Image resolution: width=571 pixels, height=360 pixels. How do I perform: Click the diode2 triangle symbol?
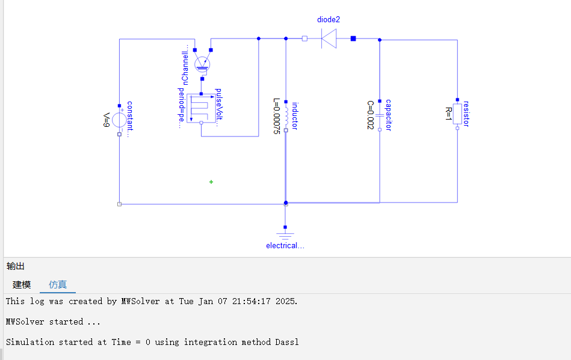tap(329, 38)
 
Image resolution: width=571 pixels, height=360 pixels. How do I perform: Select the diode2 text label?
tap(329, 20)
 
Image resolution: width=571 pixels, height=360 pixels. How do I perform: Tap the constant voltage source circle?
tap(120, 120)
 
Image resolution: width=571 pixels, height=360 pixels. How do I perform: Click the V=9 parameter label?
tap(106, 120)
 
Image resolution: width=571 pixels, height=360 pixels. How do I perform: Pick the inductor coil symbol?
tap(286, 116)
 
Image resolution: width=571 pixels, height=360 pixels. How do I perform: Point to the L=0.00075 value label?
tap(277, 116)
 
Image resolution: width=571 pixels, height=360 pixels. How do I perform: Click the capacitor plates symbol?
tap(380, 115)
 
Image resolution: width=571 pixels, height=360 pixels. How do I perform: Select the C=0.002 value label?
tap(371, 115)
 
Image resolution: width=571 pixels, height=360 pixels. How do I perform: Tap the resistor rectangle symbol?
tap(457, 114)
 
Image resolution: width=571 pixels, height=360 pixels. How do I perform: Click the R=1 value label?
tap(449, 114)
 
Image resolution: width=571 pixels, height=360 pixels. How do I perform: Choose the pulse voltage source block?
tap(201, 108)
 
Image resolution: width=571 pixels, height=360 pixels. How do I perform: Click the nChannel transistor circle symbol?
tap(202, 64)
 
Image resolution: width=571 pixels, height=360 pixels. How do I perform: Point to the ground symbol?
tap(285, 236)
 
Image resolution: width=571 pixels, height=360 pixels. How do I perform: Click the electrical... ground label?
tap(285, 246)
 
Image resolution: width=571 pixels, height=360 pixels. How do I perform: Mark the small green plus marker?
tap(211, 182)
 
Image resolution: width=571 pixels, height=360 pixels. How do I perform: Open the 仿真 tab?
tap(58, 284)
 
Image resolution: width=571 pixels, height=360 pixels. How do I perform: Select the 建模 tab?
tap(22, 284)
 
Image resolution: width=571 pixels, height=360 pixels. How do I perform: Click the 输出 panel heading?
tap(15, 266)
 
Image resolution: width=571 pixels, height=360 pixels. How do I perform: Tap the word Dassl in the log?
tap(287, 342)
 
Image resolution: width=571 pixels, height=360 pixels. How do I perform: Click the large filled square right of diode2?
tap(353, 38)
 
